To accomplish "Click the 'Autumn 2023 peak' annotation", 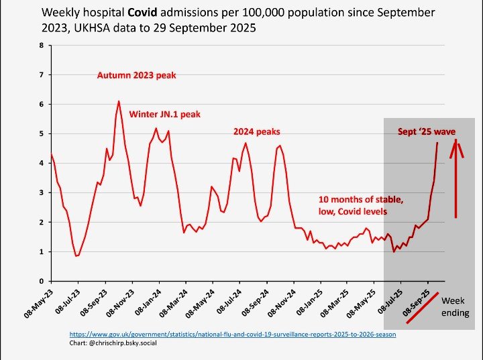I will click(136, 76).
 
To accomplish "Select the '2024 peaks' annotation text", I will click(256, 131).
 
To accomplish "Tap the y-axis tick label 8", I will click(42, 46).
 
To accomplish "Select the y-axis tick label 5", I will click(42, 134).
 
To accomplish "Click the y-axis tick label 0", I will click(42, 281).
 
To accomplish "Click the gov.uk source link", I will click(233, 334).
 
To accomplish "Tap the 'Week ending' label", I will click(455, 307).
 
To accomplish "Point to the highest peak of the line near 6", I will click(119, 101).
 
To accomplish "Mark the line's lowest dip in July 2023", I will click(76, 256).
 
